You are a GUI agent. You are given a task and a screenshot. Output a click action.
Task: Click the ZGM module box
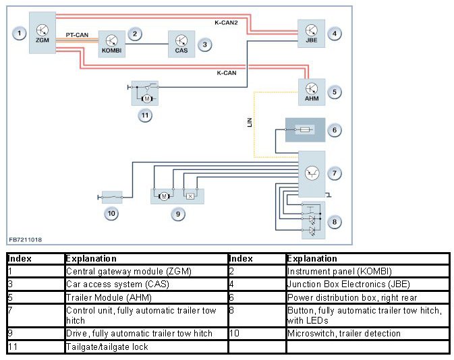(42, 36)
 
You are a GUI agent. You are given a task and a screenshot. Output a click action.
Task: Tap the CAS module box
(181, 43)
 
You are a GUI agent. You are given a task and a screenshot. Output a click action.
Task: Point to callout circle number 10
(111, 214)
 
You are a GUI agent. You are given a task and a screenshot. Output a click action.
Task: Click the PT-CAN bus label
(77, 35)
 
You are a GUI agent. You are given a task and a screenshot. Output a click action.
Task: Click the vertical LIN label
(250, 122)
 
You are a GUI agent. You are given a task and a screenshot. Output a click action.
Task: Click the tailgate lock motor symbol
(145, 98)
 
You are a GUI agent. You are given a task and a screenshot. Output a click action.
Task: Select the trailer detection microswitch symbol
(115, 197)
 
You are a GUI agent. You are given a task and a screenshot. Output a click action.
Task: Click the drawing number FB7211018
(25, 240)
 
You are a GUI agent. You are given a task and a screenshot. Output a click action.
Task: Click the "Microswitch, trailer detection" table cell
(368, 333)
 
